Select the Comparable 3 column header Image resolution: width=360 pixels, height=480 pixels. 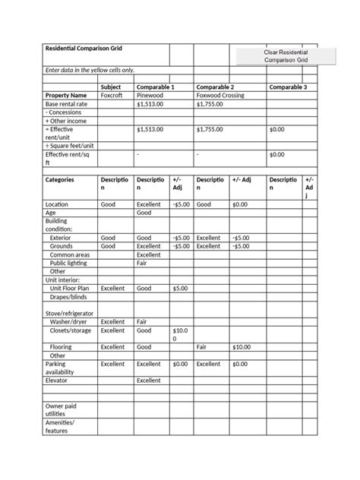coord(288,87)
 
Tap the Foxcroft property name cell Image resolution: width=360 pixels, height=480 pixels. coord(111,96)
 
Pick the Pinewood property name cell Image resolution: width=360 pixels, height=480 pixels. coord(150,96)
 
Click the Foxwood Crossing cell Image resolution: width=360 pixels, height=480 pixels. coord(219,96)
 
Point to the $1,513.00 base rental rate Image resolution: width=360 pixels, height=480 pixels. coord(150,104)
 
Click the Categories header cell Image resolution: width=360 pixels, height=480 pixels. coord(60,180)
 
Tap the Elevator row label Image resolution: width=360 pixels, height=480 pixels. coord(58,381)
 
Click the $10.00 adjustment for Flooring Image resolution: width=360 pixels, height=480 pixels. coord(241,347)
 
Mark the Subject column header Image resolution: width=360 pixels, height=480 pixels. coord(111,87)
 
